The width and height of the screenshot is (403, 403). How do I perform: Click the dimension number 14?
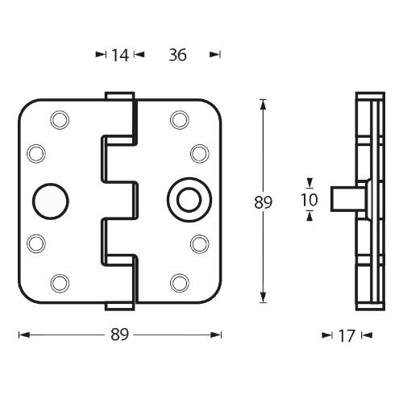(x=120, y=55)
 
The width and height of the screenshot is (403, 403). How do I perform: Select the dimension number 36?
(x=178, y=55)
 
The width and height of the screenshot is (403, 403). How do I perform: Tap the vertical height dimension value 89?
(x=263, y=202)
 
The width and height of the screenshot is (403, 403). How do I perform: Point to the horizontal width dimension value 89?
(x=120, y=334)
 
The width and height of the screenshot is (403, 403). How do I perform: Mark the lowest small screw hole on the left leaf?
(x=60, y=281)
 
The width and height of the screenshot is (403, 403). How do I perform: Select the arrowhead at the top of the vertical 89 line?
(x=263, y=102)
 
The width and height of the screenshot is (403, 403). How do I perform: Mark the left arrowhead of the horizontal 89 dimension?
(x=23, y=334)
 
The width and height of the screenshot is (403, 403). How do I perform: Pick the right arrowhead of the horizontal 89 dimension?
(x=217, y=334)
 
